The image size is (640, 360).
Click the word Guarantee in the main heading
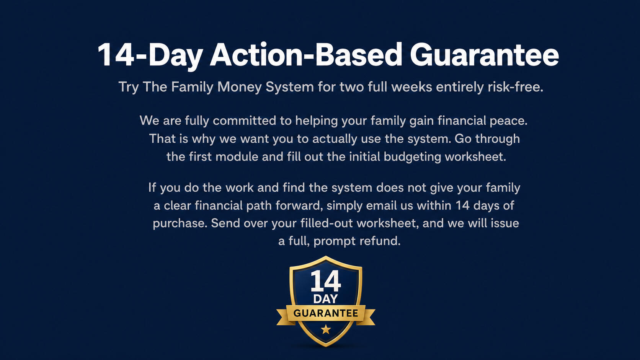pyautogui.click(x=484, y=55)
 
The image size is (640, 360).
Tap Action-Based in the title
pyautogui.click(x=306, y=54)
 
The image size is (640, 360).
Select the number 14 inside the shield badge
pyautogui.click(x=326, y=281)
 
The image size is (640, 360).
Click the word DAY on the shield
pyautogui.click(x=325, y=299)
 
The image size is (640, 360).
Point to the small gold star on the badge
pyautogui.click(x=326, y=329)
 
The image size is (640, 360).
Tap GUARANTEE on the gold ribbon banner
pyautogui.click(x=326, y=313)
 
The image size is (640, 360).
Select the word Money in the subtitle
pyautogui.click(x=240, y=87)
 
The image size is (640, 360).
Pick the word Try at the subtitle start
pyautogui.click(x=129, y=87)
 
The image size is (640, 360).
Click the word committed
pyautogui.click(x=244, y=121)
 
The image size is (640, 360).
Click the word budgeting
pyautogui.click(x=412, y=157)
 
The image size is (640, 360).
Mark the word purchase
pyautogui.click(x=180, y=223)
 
